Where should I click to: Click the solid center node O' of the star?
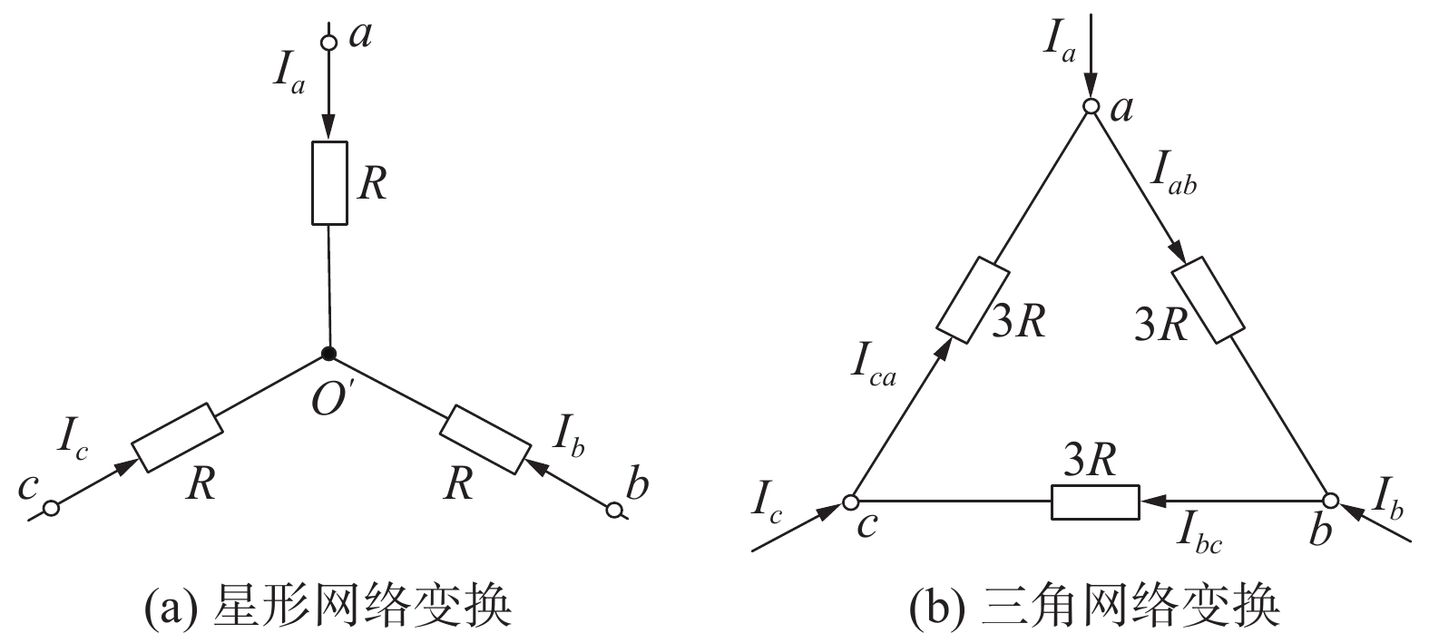tap(329, 353)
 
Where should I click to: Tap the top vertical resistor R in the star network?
tap(329, 182)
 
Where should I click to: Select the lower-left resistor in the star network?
tap(176, 437)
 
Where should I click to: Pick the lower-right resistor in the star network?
tap(484, 439)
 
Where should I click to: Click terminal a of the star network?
tap(329, 42)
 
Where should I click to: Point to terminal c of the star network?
tap(51, 509)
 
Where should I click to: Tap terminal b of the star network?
tap(614, 511)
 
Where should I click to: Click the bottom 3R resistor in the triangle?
tap(1094, 502)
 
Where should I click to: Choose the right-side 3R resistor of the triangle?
tap(1209, 299)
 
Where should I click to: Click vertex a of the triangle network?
tap(1091, 108)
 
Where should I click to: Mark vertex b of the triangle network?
tap(1330, 501)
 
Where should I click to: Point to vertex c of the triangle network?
tap(850, 501)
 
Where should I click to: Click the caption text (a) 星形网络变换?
tap(328, 606)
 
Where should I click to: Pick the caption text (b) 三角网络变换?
tap(1093, 606)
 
